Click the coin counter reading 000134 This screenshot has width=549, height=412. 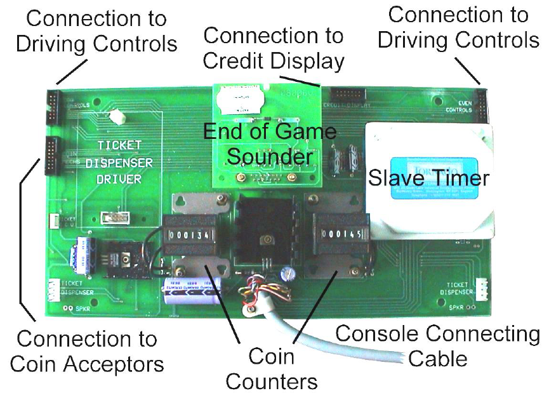pos(189,235)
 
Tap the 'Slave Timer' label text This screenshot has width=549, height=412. pos(429,178)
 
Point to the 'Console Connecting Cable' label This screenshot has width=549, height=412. pos(438,345)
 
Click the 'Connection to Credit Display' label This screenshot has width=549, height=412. pos(274,48)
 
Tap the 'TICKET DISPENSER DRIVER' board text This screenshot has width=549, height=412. pos(124,163)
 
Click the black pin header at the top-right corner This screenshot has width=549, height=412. pos(482,104)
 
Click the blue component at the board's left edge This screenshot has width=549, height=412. pos(82,254)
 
